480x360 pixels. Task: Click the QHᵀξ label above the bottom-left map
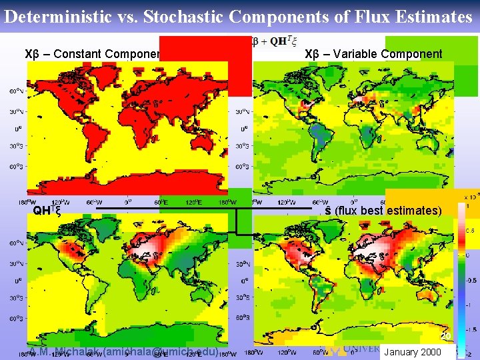click(x=48, y=211)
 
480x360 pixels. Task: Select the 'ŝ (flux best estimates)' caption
click(x=383, y=211)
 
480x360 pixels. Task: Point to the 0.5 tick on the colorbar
click(x=469, y=231)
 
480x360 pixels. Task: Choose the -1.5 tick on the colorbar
click(x=469, y=329)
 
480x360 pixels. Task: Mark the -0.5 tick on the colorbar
click(x=469, y=280)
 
